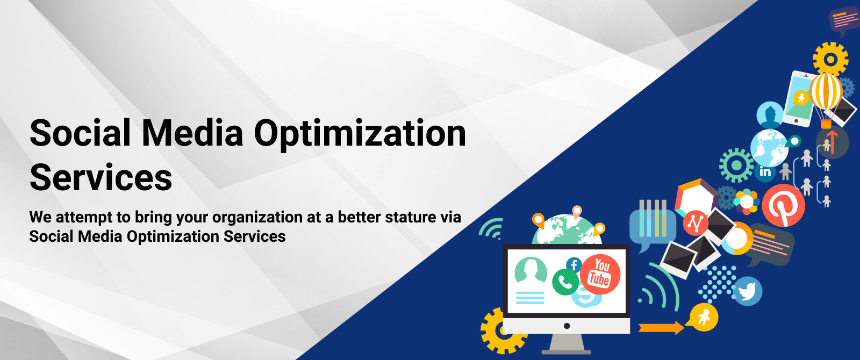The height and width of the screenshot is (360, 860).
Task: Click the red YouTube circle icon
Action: [600, 274]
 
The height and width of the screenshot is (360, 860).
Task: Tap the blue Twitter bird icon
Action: [747, 291]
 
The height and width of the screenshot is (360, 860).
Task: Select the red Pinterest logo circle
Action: [783, 205]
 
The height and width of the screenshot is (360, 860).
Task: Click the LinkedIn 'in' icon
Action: [765, 172]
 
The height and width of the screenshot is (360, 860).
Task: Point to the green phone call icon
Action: [565, 282]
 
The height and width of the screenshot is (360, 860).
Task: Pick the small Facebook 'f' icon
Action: [574, 265]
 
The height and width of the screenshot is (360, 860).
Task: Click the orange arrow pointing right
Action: [661, 328]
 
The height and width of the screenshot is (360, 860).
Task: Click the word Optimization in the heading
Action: [360, 134]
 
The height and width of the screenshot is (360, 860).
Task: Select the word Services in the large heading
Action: [101, 177]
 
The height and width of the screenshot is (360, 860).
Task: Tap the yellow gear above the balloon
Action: [830, 59]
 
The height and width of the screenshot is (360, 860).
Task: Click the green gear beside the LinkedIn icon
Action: [736, 165]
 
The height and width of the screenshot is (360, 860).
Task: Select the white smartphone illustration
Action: [799, 99]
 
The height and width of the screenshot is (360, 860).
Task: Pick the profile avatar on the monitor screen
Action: [531, 270]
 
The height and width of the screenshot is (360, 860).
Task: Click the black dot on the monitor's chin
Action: [567, 326]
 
